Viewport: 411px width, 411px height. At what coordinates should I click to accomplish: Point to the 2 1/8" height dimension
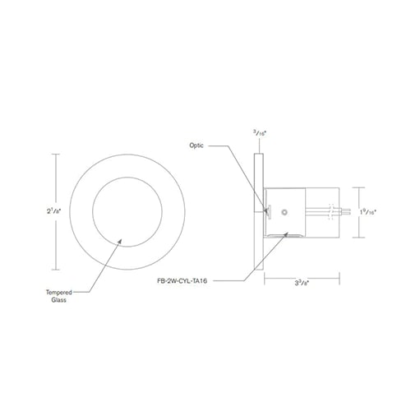point(50,211)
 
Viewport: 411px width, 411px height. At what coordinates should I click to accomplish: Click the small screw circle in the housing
point(284,212)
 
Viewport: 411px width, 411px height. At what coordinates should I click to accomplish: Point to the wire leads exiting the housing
point(344,212)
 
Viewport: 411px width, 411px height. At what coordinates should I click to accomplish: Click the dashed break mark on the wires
point(330,212)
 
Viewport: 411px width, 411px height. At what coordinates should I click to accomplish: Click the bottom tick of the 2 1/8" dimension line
point(56,270)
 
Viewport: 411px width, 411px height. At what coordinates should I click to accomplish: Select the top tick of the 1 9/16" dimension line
point(357,187)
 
